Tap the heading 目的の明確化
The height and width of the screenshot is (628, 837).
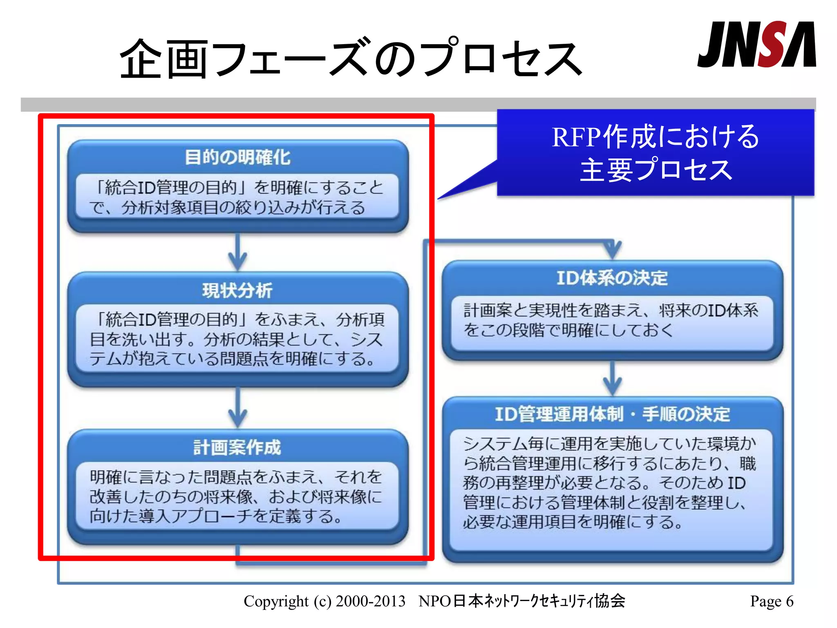pos(237,157)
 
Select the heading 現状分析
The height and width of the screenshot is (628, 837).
pos(237,290)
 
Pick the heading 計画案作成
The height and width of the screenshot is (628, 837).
pos(237,447)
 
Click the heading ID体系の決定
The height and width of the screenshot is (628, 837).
pos(612,278)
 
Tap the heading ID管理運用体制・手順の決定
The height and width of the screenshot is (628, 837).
pos(612,414)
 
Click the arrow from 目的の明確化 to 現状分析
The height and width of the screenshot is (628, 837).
pos(237,253)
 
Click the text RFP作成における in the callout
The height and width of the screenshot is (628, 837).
pos(655,137)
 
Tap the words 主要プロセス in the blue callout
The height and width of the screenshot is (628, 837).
pos(655,170)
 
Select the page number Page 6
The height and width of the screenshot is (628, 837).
pos(771,601)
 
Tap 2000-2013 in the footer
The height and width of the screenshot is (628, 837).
pos(370,601)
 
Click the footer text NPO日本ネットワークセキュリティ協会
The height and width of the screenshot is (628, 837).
pos(521,601)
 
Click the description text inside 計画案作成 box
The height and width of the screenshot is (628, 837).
pos(236,496)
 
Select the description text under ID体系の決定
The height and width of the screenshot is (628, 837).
pos(611,320)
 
